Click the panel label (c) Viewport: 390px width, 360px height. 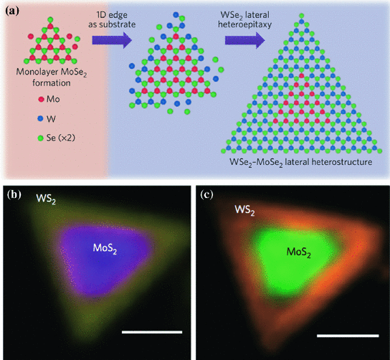(x=206, y=192)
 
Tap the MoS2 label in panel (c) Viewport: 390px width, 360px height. (x=295, y=252)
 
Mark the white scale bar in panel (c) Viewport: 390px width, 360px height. (x=347, y=335)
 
